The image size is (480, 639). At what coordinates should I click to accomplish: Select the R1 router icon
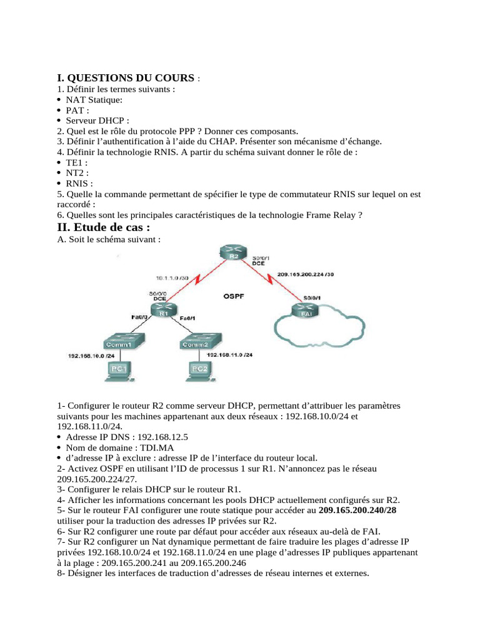[x=164, y=310]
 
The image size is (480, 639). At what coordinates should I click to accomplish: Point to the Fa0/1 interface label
[x=189, y=319]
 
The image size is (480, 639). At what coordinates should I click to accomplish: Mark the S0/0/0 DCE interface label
[x=157, y=296]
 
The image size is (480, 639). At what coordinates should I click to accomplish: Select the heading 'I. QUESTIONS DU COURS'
[x=126, y=78]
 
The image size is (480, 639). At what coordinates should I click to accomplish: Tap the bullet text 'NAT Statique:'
[x=94, y=100]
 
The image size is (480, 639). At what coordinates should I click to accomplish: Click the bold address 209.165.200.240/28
[x=357, y=510]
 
